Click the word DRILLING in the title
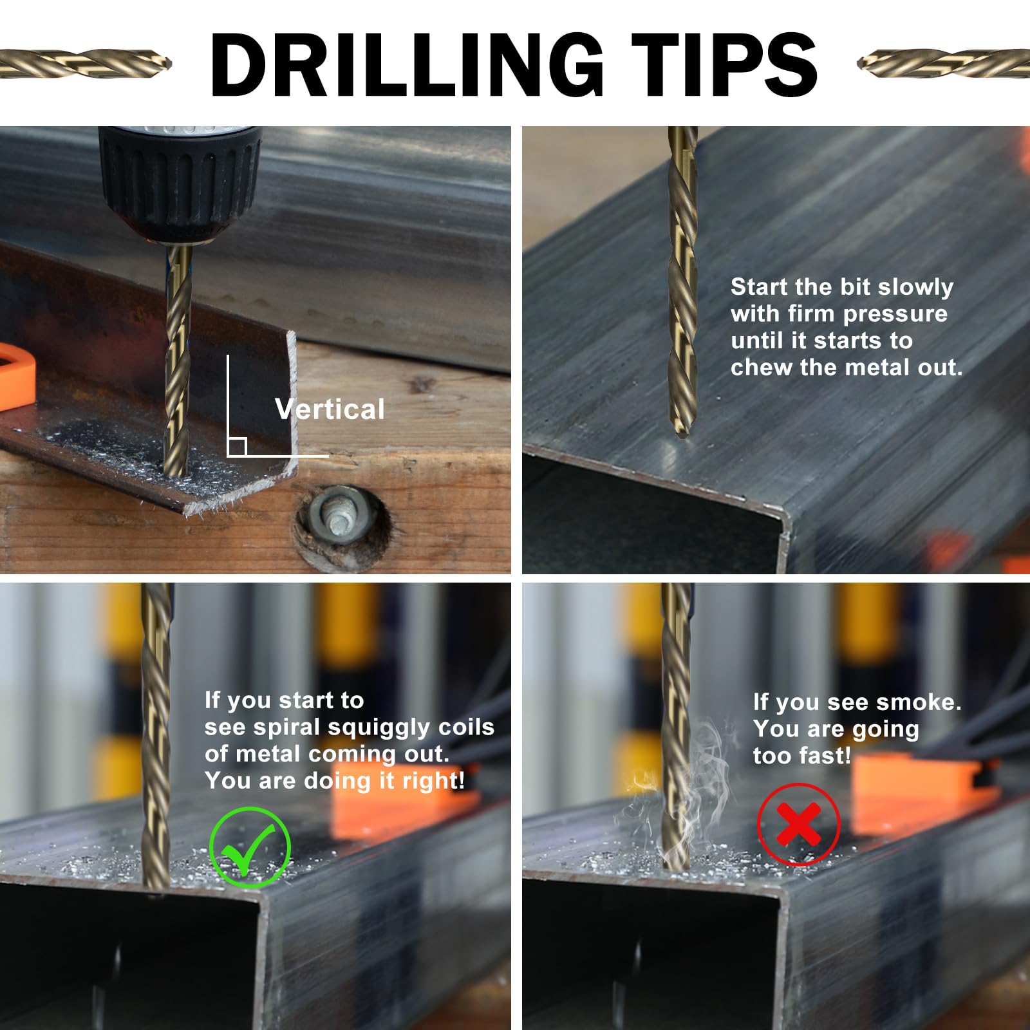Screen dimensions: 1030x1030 pos(407,66)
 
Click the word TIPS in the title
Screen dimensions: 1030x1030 pos(724,66)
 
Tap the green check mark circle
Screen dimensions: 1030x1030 pos(250,848)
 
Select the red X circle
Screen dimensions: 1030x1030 pos(799,824)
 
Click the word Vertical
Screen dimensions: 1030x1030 pos(330,409)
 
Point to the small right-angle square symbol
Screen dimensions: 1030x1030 pos(237,447)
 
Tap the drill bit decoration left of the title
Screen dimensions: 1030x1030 pos(86,63)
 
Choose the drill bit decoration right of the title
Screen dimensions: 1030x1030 pos(944,62)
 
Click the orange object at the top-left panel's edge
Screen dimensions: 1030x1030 pos(16,377)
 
